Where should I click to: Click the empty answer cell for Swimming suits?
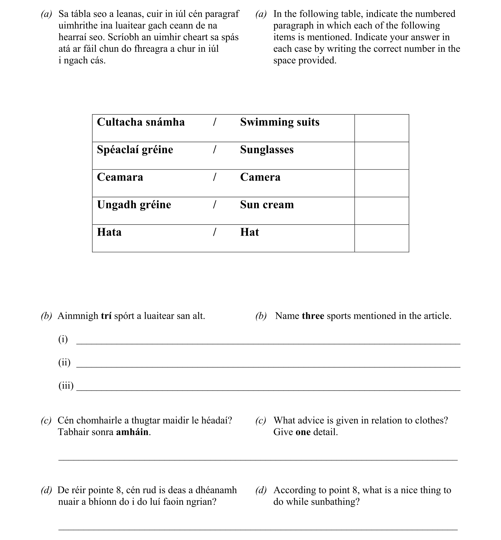point(381,128)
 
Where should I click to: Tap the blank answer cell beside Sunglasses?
point(381,156)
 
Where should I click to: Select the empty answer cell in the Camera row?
point(381,183)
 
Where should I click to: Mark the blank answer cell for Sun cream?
point(381,211)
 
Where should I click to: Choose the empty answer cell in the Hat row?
point(381,238)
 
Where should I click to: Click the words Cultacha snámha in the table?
point(141,122)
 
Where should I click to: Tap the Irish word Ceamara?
point(120,177)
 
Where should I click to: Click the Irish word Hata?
point(109,232)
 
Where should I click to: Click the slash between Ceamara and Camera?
point(214,177)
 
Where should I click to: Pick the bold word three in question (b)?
point(313,316)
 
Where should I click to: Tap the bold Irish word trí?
point(106,316)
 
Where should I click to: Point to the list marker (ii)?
point(64,362)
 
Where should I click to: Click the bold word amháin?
point(132,432)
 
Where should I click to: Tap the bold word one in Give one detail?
point(303,432)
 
